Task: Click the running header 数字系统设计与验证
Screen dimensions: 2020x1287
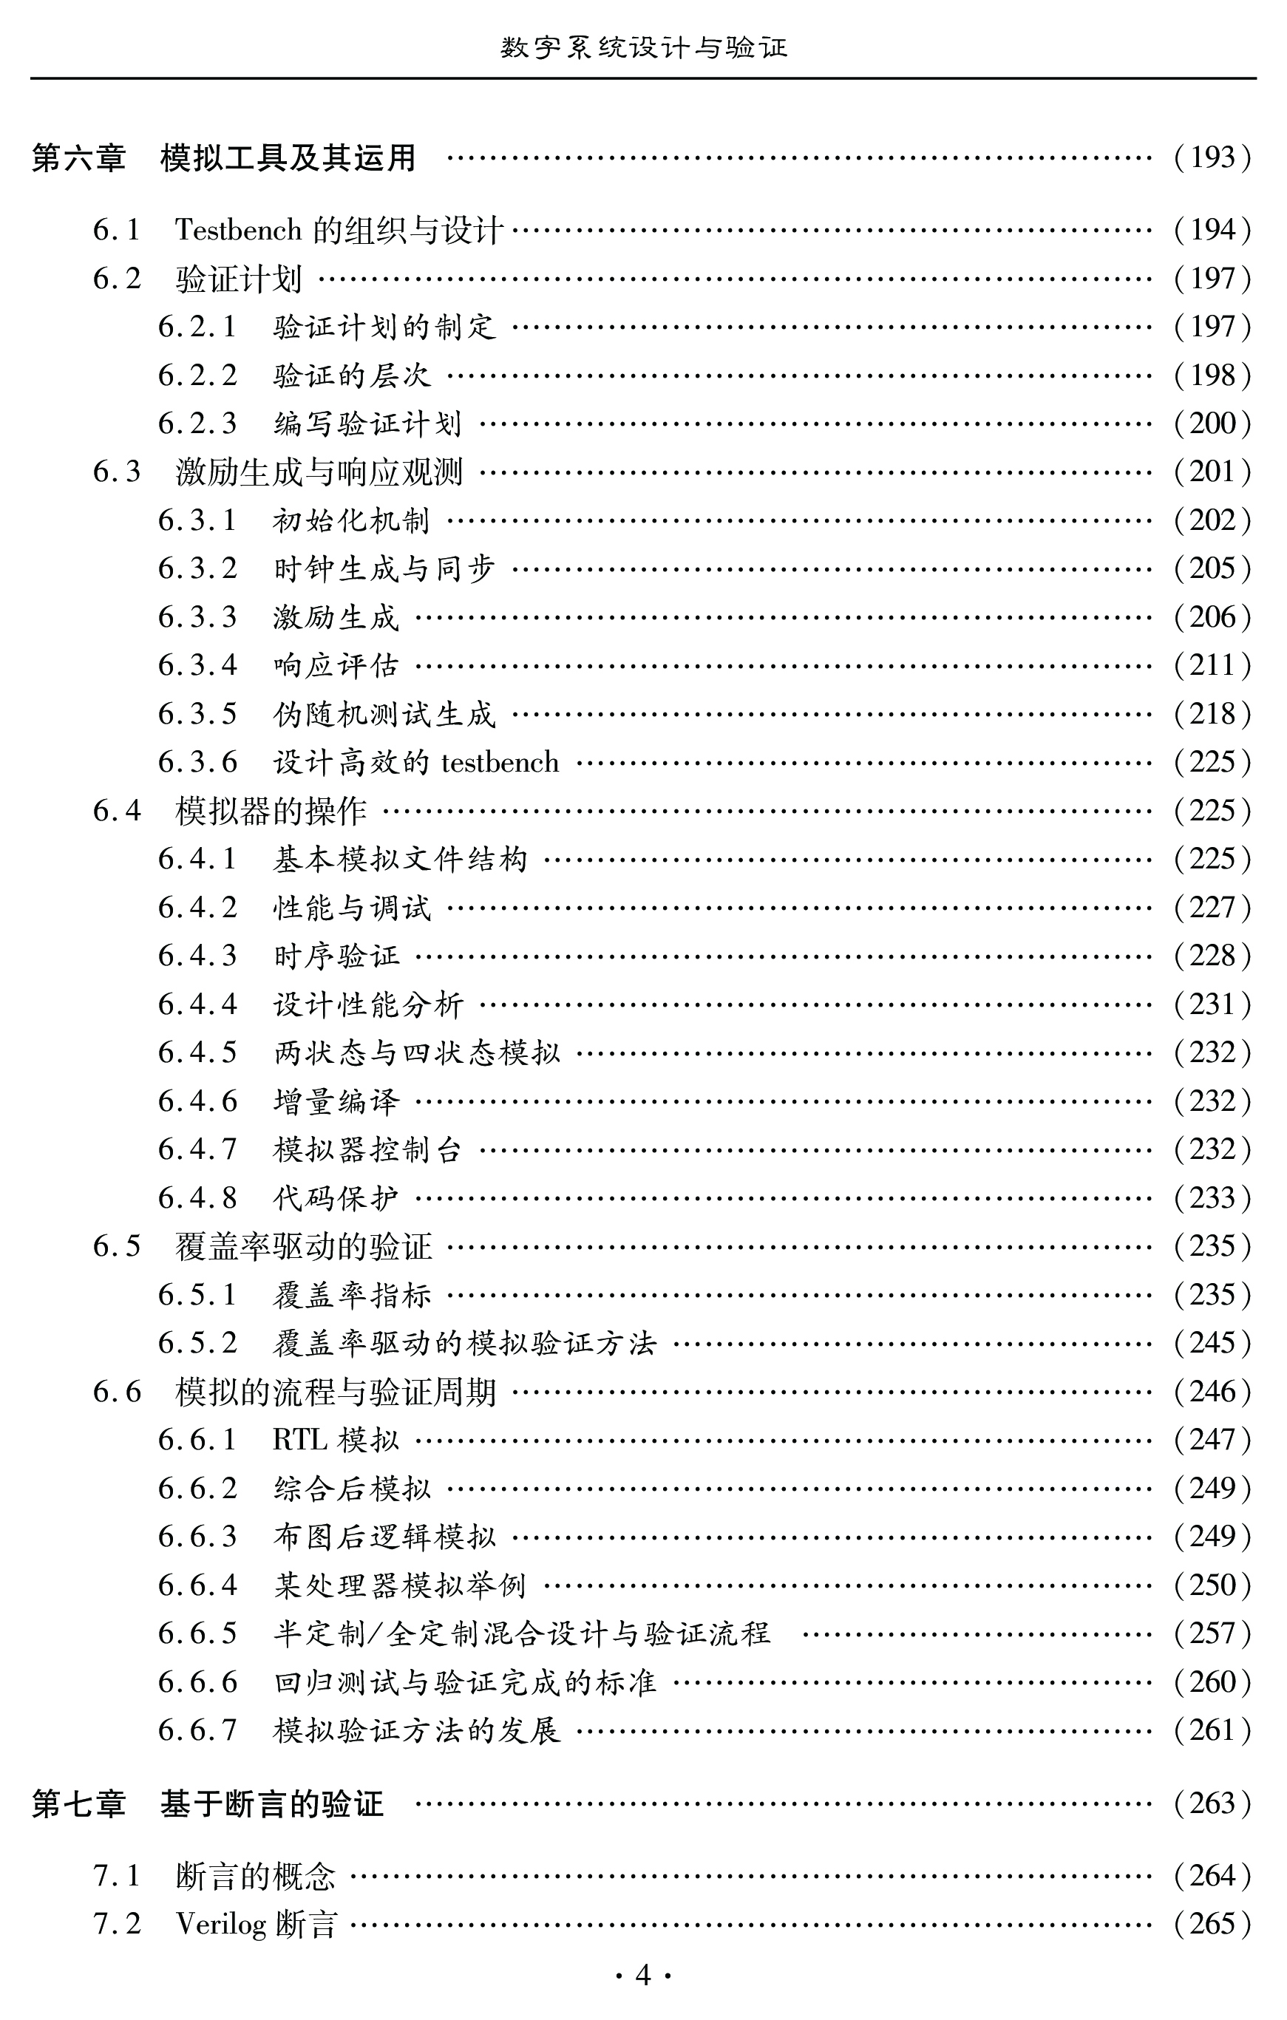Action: tap(643, 48)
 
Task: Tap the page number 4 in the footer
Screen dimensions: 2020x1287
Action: tap(643, 1976)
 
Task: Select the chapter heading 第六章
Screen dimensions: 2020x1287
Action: tap(78, 157)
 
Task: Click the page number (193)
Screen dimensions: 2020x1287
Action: tap(1212, 157)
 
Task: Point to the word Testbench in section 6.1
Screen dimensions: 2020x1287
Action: tap(238, 230)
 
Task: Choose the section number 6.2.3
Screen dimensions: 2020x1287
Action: tap(198, 424)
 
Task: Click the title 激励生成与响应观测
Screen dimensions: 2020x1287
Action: tap(319, 472)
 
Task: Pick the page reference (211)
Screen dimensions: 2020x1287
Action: tap(1212, 666)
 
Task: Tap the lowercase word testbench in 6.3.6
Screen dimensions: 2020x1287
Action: tap(500, 763)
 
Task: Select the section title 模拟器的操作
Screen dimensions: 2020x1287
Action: tap(271, 812)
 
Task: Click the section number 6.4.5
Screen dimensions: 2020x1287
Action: tap(198, 1052)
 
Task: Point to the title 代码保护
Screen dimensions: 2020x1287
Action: tap(336, 1199)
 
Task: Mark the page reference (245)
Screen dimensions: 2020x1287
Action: tap(1212, 1343)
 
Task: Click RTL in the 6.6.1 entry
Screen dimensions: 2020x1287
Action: tap(299, 1441)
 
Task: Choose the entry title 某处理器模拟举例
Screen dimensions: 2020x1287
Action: tap(400, 1585)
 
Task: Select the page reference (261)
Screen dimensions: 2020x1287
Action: tap(1212, 1730)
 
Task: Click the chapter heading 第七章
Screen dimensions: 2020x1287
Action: tap(78, 1803)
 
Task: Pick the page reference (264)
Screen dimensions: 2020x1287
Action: tap(1212, 1876)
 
